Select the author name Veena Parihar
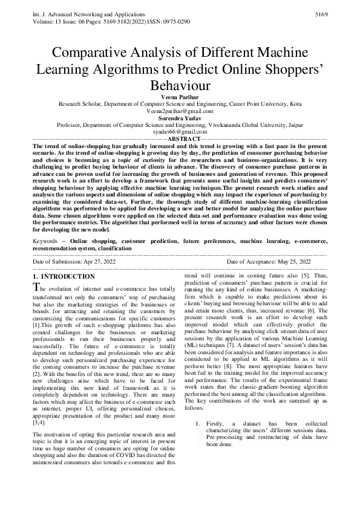tap(180, 97)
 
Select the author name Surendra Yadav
tap(180, 118)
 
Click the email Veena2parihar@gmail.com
tap(180, 111)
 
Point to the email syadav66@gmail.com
tap(180, 132)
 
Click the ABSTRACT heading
tap(180, 138)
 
